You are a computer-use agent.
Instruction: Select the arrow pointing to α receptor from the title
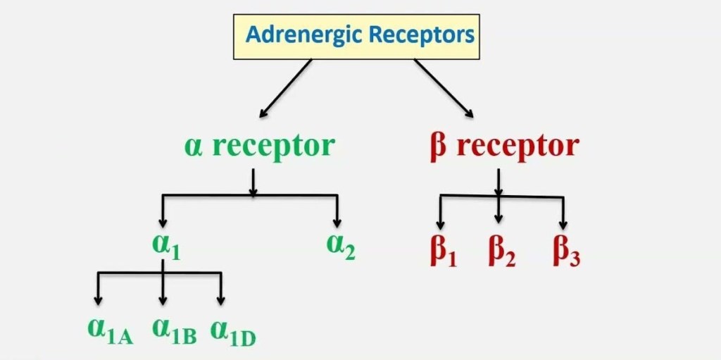point(285,88)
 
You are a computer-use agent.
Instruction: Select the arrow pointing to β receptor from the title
point(444,88)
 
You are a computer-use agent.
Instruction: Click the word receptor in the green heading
point(273,147)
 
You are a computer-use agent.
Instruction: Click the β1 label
point(443,252)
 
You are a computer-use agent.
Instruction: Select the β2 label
point(501,252)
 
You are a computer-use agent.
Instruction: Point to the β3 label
point(565,252)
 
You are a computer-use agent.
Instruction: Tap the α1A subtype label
point(109,331)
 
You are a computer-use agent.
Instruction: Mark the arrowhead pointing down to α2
point(338,221)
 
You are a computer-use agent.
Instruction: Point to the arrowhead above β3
point(562,224)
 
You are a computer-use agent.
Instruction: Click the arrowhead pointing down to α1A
point(98,300)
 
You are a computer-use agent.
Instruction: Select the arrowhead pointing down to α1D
point(221,300)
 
